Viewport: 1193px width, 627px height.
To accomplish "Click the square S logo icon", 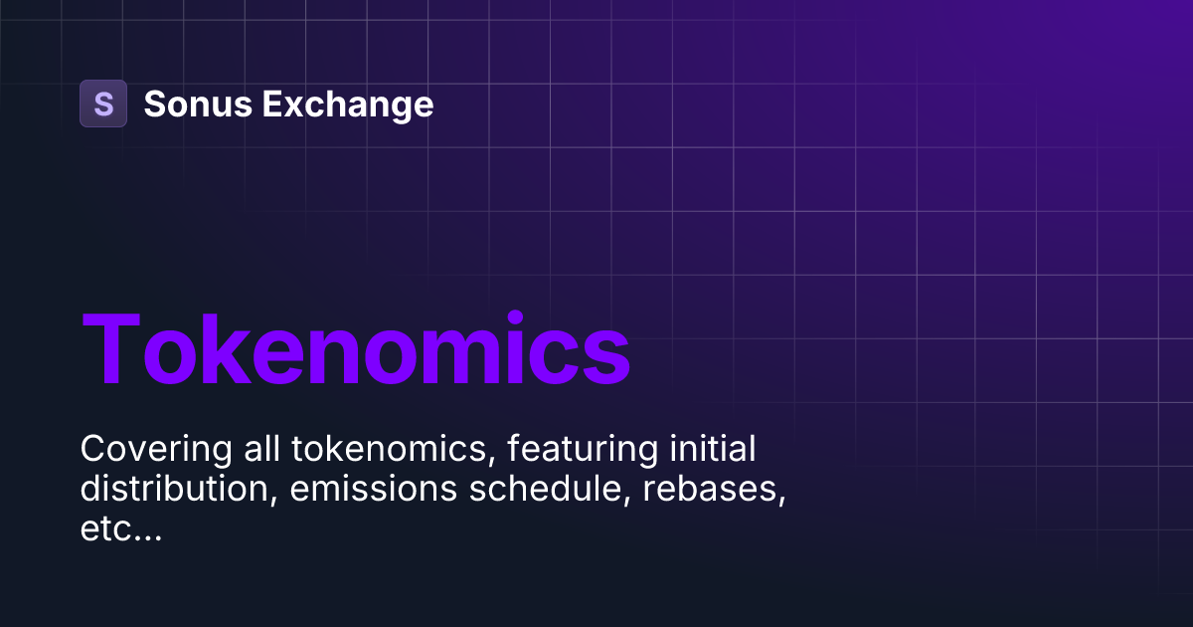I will tap(103, 104).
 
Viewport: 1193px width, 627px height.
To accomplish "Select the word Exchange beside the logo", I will tap(347, 104).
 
